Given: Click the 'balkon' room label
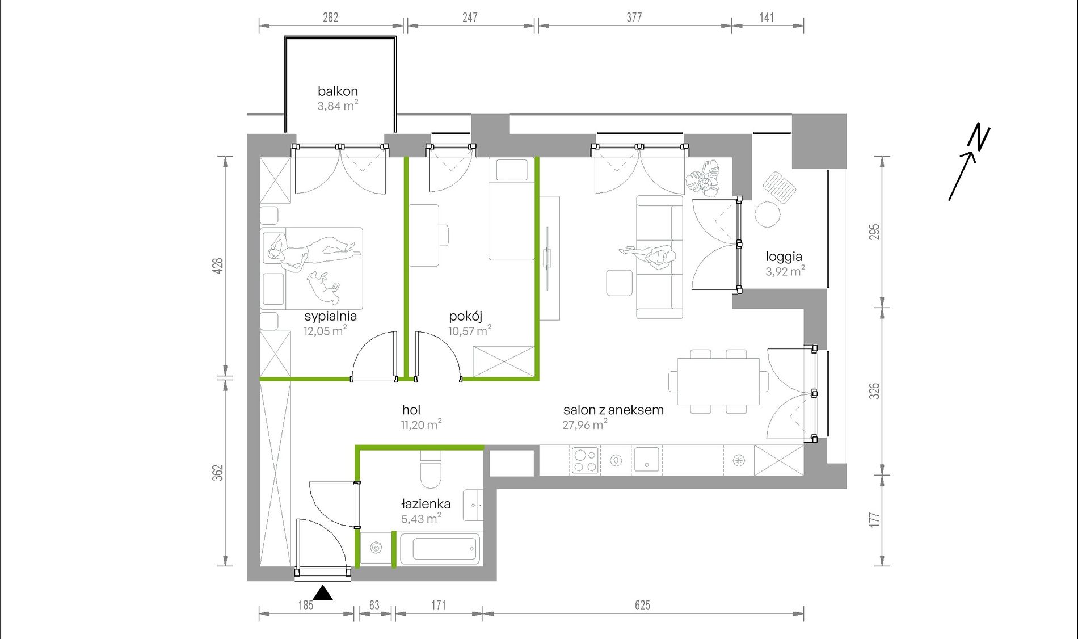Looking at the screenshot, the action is click(x=338, y=91).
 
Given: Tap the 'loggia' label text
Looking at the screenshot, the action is click(x=784, y=257).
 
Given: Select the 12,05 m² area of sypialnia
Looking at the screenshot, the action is click(x=325, y=331).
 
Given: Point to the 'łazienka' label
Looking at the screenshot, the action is click(x=426, y=503).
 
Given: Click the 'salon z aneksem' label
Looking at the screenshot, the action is click(x=613, y=410).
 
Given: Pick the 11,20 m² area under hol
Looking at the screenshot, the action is click(x=421, y=424).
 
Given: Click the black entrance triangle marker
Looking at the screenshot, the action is click(x=323, y=593).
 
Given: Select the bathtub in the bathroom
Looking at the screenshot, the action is click(x=440, y=548).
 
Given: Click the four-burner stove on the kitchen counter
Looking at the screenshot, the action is click(x=584, y=460).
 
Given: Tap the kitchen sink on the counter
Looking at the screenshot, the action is click(x=646, y=460).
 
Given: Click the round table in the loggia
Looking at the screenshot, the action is click(x=767, y=215).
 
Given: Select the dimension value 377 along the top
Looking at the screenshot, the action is click(x=634, y=18).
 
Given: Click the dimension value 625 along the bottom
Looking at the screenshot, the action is click(x=642, y=606).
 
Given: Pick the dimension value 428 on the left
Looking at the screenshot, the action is click(x=218, y=266).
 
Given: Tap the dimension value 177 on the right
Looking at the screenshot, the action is click(x=874, y=520).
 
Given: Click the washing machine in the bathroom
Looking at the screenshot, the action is click(x=376, y=548).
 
